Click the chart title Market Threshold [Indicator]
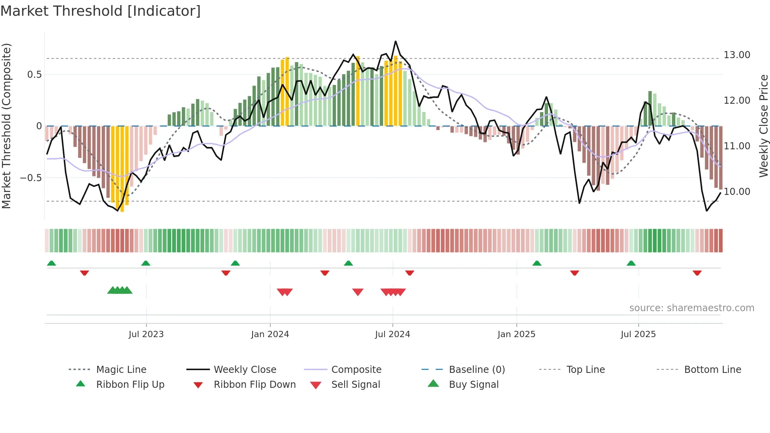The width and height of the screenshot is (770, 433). pyautogui.click(x=101, y=11)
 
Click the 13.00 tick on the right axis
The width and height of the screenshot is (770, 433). pyautogui.click(x=737, y=55)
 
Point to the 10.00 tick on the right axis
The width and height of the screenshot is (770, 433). pyautogui.click(x=737, y=192)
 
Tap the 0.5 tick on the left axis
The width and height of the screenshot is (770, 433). pyautogui.click(x=34, y=75)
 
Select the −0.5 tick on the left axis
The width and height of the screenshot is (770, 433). pyautogui.click(x=31, y=178)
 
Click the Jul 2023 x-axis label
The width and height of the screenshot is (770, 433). pyautogui.click(x=146, y=334)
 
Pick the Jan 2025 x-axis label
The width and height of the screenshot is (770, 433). pyautogui.click(x=516, y=334)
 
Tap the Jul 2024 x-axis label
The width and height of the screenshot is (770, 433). pyautogui.click(x=392, y=334)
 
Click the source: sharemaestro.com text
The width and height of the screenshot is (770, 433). pyautogui.click(x=691, y=308)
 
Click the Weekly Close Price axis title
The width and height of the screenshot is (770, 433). pyautogui.click(x=763, y=126)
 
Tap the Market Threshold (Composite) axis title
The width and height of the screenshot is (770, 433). pyautogui.click(x=6, y=126)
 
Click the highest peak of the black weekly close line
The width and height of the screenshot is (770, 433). pyautogui.click(x=396, y=41)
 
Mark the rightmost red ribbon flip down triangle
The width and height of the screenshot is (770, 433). pyautogui.click(x=697, y=273)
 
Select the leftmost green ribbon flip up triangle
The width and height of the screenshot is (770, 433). pyautogui.click(x=51, y=263)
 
